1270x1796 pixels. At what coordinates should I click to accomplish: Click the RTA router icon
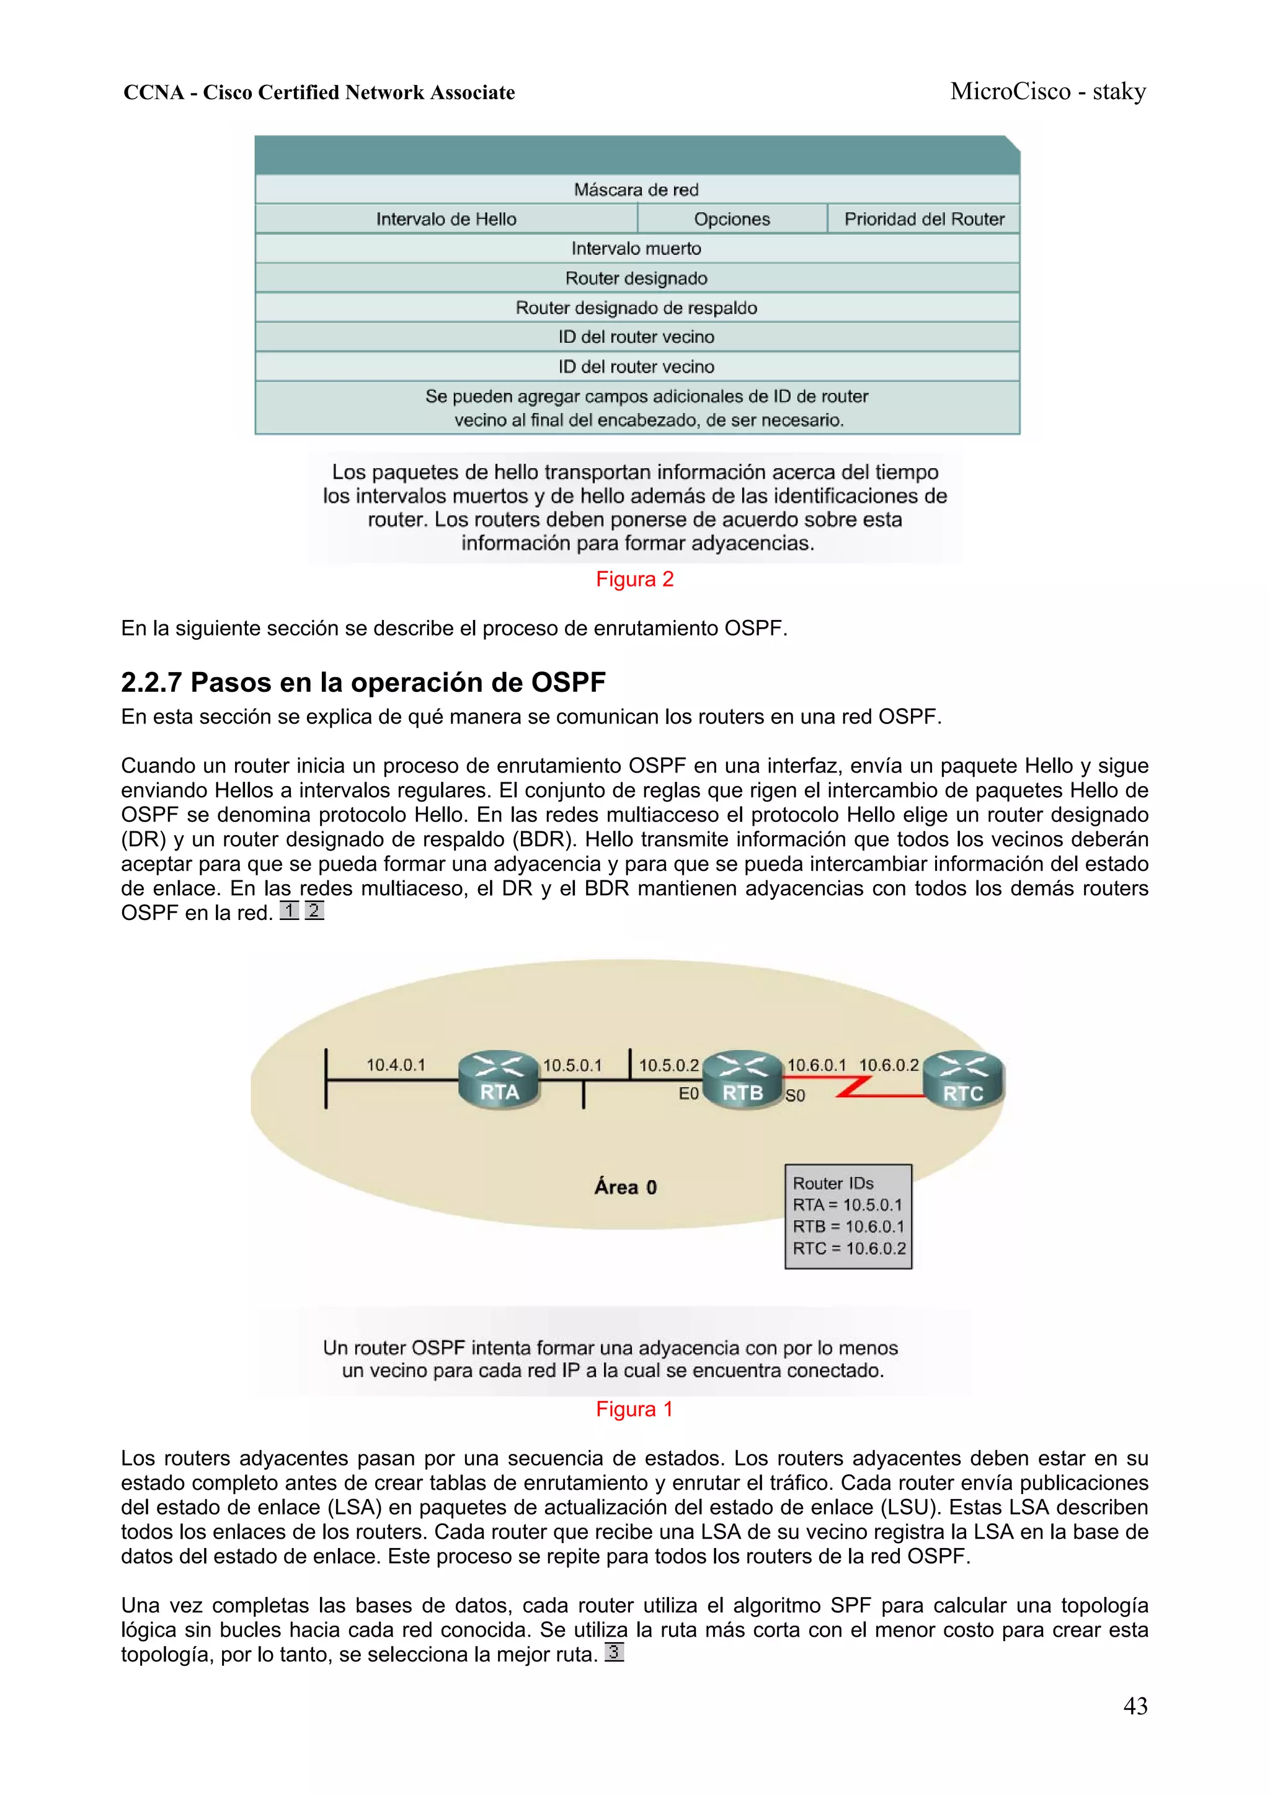(499, 1079)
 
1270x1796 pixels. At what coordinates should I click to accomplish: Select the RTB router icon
(743, 1079)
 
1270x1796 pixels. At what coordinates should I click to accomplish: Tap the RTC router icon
(963, 1080)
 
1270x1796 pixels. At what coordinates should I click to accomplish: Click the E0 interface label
(688, 1094)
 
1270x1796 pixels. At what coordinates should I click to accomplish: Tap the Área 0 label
(625, 1187)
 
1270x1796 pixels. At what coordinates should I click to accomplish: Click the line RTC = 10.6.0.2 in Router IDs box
(849, 1249)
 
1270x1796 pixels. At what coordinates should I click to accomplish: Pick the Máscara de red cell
(636, 189)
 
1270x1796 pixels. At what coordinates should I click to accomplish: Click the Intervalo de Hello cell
(446, 219)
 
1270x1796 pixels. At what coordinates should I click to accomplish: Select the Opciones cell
(732, 219)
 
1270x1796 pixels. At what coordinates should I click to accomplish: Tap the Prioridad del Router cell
(924, 219)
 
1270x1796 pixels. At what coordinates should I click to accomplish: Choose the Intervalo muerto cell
(636, 249)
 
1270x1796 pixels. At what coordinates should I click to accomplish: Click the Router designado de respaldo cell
(636, 307)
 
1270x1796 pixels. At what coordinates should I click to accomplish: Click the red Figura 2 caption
(634, 579)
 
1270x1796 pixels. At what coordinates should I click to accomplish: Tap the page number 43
(1135, 1706)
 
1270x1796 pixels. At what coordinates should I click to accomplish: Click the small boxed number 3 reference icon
(615, 1652)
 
